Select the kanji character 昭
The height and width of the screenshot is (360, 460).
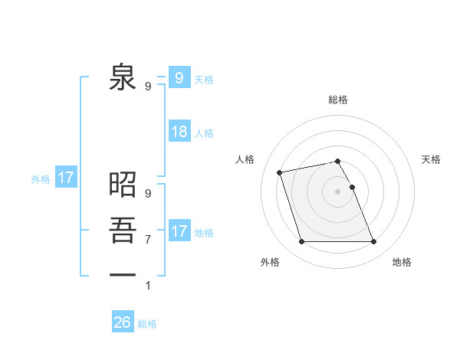click(x=123, y=185)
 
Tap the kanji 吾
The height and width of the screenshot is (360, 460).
click(x=123, y=230)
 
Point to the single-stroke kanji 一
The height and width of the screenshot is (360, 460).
click(x=123, y=273)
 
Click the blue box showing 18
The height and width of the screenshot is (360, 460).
click(x=179, y=132)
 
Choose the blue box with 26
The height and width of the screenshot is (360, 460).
click(x=123, y=322)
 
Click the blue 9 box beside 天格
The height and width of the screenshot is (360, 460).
click(x=179, y=77)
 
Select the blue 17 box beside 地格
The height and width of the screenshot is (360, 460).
click(x=179, y=231)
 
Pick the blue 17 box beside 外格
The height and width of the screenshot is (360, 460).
click(x=66, y=178)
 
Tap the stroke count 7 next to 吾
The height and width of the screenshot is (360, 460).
click(x=148, y=240)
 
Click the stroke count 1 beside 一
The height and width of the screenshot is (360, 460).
click(x=148, y=286)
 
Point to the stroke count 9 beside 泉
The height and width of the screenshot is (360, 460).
click(x=148, y=87)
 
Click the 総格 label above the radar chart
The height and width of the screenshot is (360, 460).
click(x=337, y=100)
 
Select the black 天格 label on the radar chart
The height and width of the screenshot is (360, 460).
click(x=431, y=159)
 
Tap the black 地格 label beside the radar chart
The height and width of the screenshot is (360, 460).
click(x=402, y=262)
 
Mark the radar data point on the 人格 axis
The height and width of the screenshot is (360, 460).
click(x=280, y=172)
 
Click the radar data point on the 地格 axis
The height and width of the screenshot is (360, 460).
click(x=373, y=242)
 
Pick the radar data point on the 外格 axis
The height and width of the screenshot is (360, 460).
click(x=301, y=242)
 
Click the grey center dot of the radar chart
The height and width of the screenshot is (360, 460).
click(x=337, y=191)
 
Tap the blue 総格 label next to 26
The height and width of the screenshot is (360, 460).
click(x=147, y=324)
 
